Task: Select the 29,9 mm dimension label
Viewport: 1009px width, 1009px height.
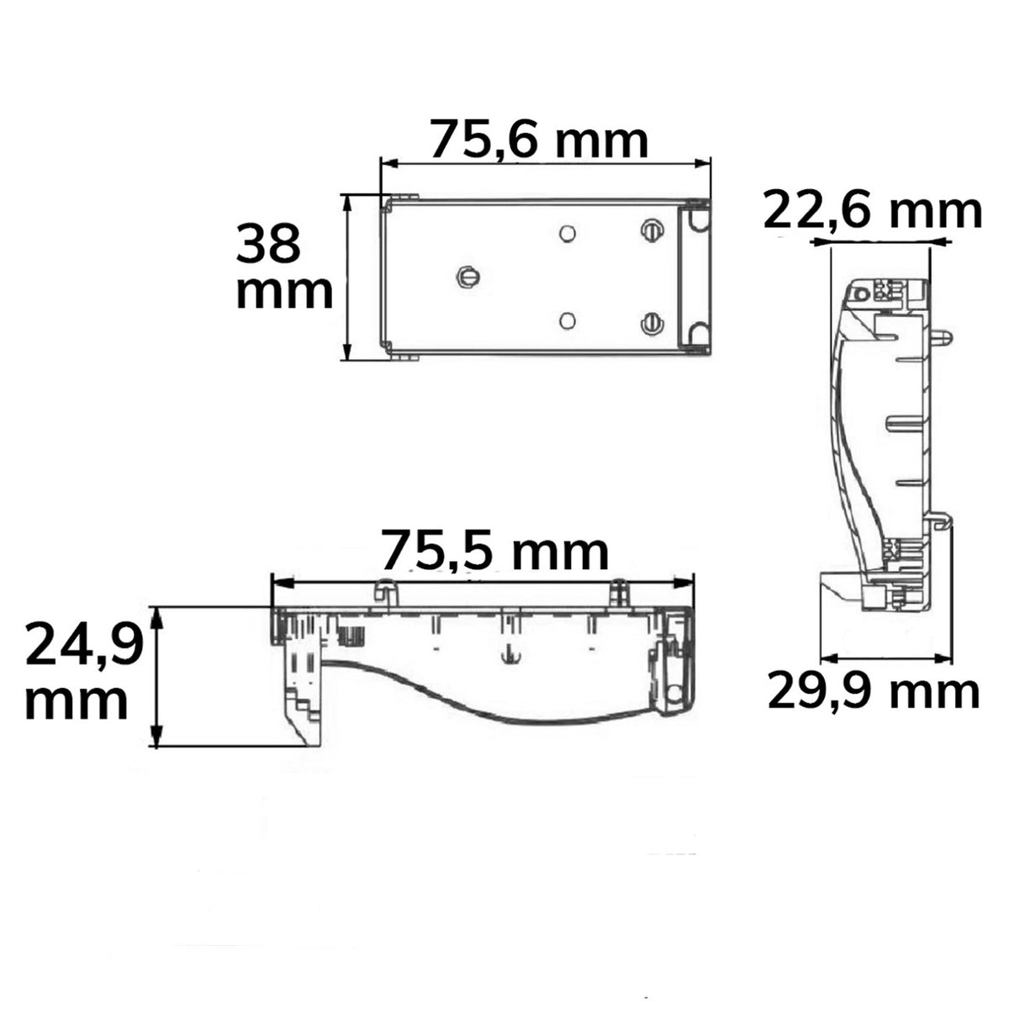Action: point(874,693)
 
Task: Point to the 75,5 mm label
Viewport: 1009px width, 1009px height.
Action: point(495,550)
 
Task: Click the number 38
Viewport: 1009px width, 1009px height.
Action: point(268,244)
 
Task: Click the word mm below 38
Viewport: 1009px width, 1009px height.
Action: point(284,293)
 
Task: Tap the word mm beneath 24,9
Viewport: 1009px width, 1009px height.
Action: point(77,704)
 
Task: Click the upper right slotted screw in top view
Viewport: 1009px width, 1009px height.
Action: point(651,230)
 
